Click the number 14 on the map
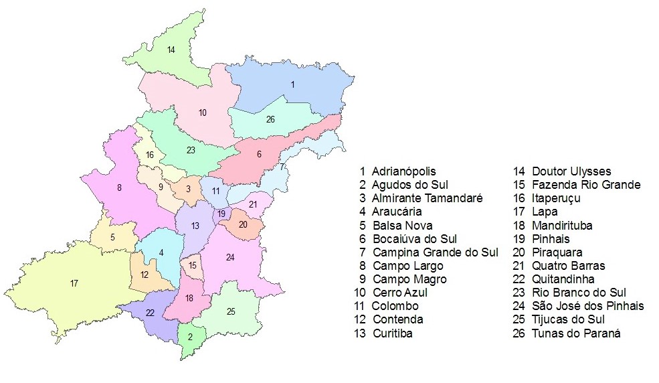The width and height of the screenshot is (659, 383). tap(171, 50)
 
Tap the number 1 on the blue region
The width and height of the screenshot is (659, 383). tap(292, 84)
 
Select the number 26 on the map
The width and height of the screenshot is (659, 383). tap(270, 120)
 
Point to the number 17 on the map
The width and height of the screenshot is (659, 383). tap(74, 283)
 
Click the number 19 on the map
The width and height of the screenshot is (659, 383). tap(221, 214)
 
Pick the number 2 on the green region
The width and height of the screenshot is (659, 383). tap(190, 337)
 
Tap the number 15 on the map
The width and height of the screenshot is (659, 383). tap(193, 266)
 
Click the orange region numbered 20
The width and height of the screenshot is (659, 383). tap(243, 225)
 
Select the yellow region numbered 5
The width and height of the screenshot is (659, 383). tap(113, 237)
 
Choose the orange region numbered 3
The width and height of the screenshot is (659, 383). tap(188, 189)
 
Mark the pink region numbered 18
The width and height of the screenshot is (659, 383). tap(189, 298)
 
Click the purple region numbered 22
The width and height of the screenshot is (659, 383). tap(150, 313)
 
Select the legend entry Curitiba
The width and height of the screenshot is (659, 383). tap(392, 333)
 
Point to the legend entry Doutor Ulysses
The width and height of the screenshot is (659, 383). tap(571, 171)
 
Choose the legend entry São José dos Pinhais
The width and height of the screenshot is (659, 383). tap(587, 306)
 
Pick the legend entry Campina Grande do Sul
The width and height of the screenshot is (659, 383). tap(436, 252)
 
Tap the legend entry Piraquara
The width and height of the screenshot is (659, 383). tap(557, 252)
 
